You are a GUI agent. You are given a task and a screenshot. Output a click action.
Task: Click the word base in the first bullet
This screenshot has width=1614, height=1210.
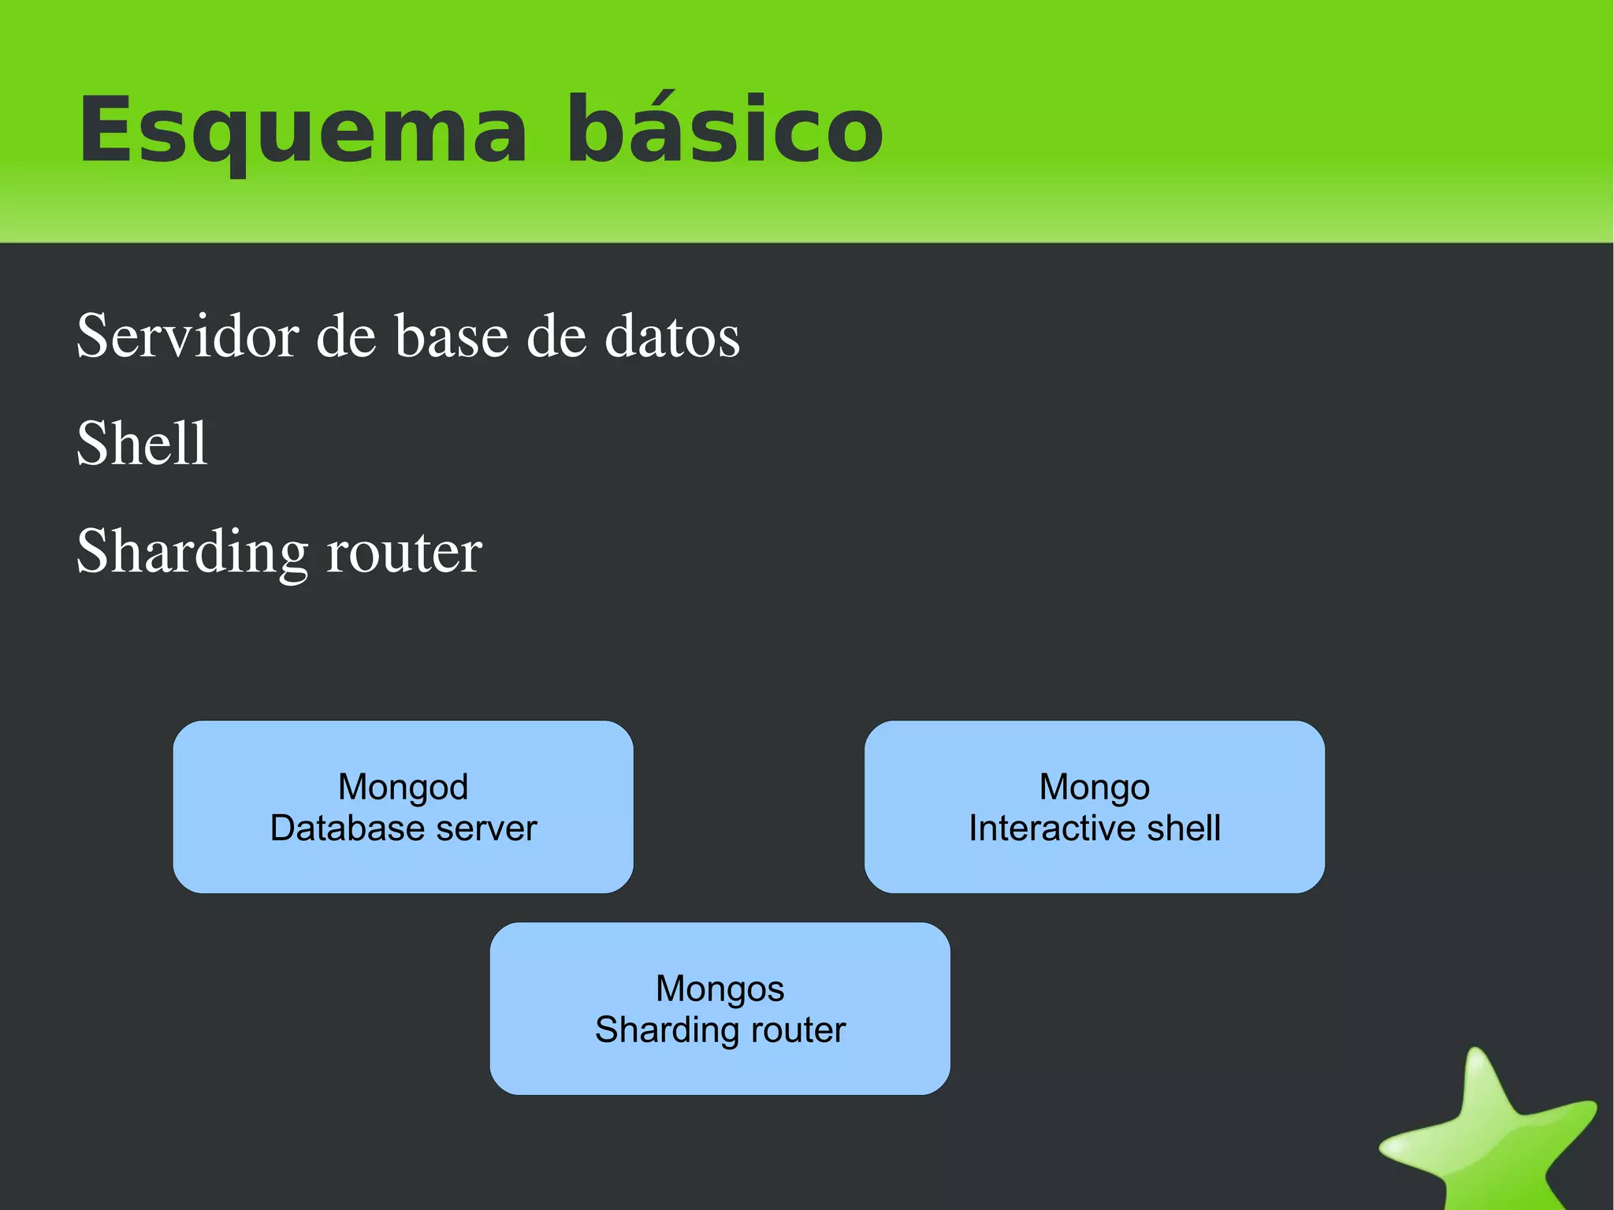coord(452,337)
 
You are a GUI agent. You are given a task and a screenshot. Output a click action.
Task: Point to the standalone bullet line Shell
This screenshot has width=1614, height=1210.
coord(142,444)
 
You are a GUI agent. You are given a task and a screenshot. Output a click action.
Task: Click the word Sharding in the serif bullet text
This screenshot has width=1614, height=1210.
coord(192,552)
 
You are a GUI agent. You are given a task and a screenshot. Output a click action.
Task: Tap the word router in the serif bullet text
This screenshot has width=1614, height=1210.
coord(403,552)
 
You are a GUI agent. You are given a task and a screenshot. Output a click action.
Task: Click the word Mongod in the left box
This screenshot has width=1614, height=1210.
coord(403,787)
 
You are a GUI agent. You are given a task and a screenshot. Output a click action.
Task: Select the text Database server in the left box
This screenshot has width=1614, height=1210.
coord(403,828)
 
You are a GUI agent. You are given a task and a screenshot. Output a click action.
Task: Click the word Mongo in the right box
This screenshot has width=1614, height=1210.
coord(1094,787)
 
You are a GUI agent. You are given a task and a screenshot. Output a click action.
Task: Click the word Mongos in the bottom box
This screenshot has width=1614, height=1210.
coord(720,988)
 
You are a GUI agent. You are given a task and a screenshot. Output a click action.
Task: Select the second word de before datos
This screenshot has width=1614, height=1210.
coord(556,337)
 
